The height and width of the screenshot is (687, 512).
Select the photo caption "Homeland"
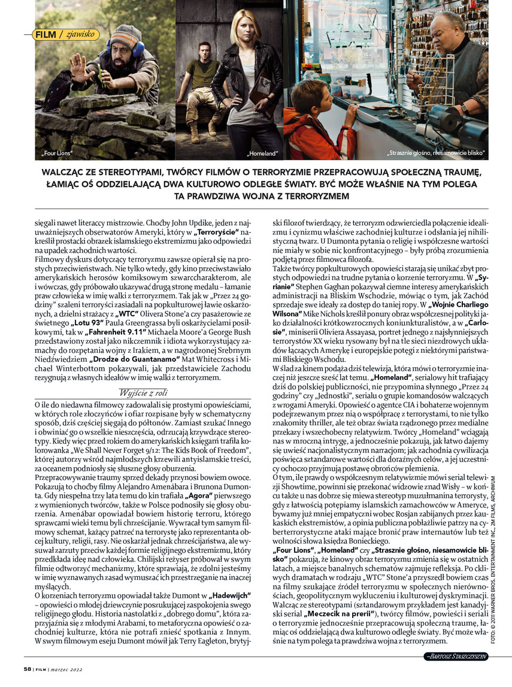(x=263, y=154)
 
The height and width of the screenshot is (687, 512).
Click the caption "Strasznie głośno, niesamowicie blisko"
(x=436, y=154)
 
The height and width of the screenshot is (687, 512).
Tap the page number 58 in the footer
(x=27, y=669)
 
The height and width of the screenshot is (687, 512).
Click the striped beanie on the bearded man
(x=126, y=36)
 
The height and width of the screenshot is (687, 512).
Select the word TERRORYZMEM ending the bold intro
(x=320, y=196)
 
